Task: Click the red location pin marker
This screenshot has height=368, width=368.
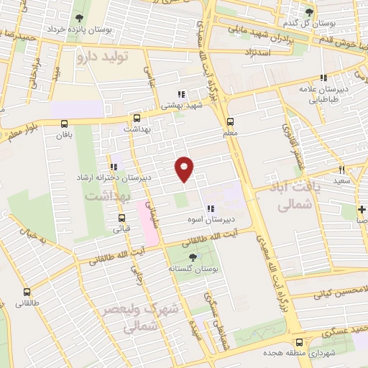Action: [185, 169]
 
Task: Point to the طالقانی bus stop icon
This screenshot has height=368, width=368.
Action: [27, 292]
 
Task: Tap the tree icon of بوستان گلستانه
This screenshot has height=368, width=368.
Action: [192, 257]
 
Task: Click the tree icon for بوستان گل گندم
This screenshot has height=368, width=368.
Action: [310, 12]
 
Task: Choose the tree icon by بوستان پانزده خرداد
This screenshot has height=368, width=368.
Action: [79, 19]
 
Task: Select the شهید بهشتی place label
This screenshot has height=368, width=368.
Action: [180, 105]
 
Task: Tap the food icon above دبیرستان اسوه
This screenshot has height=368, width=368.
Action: [209, 209]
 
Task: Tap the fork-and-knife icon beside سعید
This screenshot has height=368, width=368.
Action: [342, 170]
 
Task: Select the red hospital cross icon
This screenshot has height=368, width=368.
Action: [362, 210]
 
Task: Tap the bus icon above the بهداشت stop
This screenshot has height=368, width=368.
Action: [137, 118]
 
